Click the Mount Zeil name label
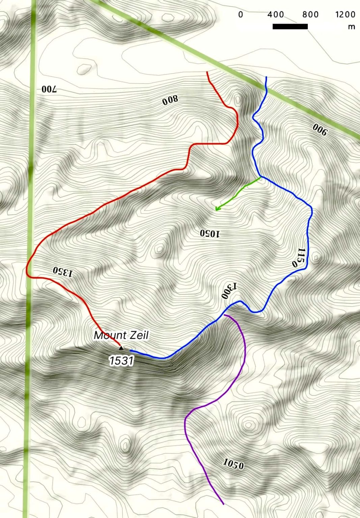point(121,335)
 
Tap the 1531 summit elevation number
point(121,361)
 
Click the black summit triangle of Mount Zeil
point(121,348)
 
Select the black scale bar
point(290,26)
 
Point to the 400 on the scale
point(275,15)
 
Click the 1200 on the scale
point(345,15)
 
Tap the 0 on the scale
point(241,15)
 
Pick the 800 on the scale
point(310,15)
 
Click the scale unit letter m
point(351,27)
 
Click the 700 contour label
point(49,89)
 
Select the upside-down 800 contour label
point(170,100)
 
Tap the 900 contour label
point(320,129)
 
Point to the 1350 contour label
point(63,271)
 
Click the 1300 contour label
point(229,291)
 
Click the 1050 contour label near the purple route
point(233,464)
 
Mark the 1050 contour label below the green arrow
point(210,233)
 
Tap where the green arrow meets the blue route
point(260,177)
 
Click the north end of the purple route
point(225,315)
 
